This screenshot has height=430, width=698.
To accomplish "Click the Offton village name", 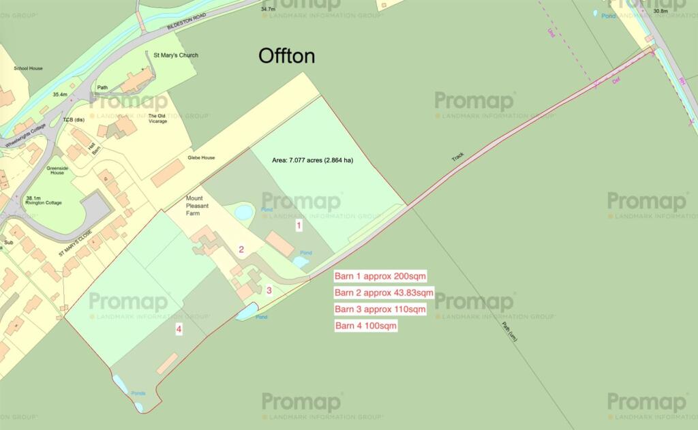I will pyautogui.click(x=286, y=57).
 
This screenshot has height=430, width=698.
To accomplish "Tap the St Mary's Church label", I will pyautogui.click(x=175, y=55).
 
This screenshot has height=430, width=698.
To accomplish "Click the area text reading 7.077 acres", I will pyautogui.click(x=312, y=161).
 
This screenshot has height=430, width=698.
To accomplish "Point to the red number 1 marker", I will pyautogui.click(x=298, y=224).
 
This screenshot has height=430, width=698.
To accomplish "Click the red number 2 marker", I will pyautogui.click(x=241, y=249).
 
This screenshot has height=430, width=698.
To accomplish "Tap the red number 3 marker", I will pyautogui.click(x=269, y=290).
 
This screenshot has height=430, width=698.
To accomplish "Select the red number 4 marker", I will pyautogui.click(x=179, y=330).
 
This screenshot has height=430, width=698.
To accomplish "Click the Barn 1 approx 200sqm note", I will pyautogui.click(x=380, y=277).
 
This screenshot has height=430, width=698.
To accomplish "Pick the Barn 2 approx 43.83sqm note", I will pyautogui.click(x=384, y=293).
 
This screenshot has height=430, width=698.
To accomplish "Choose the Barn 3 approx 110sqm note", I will pyautogui.click(x=380, y=309).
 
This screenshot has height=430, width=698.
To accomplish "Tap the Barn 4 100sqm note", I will pyautogui.click(x=366, y=326).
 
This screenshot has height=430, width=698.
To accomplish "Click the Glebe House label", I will pyautogui.click(x=201, y=158).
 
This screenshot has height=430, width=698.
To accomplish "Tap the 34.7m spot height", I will pyautogui.click(x=268, y=10).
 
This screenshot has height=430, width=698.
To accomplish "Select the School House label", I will pyautogui.click(x=28, y=69).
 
